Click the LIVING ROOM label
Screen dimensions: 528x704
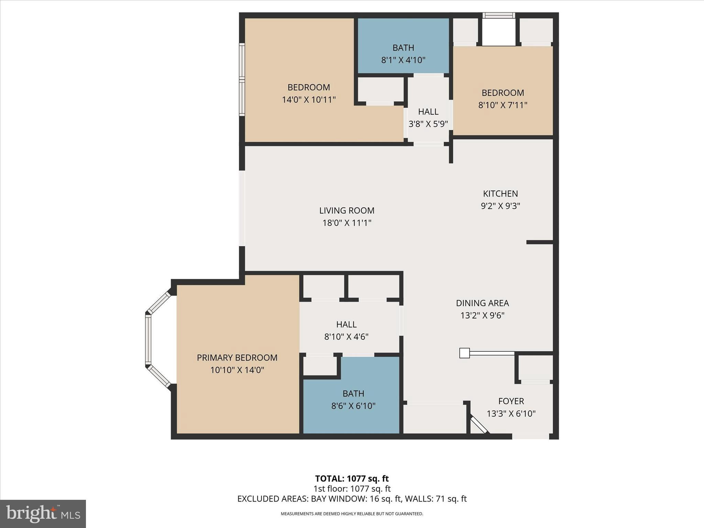(x=346, y=210)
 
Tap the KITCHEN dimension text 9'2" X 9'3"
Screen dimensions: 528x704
(x=500, y=206)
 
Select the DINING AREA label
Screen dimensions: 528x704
(x=482, y=303)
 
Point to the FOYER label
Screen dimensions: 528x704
(x=511, y=401)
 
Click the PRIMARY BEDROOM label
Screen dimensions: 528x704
(x=237, y=357)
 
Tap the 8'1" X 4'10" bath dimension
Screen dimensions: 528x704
(x=403, y=60)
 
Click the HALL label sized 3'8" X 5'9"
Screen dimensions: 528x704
(x=428, y=111)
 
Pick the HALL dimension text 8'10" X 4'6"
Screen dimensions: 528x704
(x=346, y=337)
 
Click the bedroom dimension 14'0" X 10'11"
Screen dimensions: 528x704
(x=309, y=100)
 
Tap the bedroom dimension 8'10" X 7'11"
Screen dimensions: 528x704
(x=503, y=105)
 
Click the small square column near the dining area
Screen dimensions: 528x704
(x=464, y=353)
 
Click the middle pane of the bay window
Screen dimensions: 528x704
(x=148, y=339)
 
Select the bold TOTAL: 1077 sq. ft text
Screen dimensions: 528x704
(x=352, y=478)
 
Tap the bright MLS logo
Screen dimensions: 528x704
(x=43, y=514)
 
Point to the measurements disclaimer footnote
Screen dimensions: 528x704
(x=352, y=514)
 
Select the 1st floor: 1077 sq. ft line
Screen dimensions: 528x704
(x=352, y=488)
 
